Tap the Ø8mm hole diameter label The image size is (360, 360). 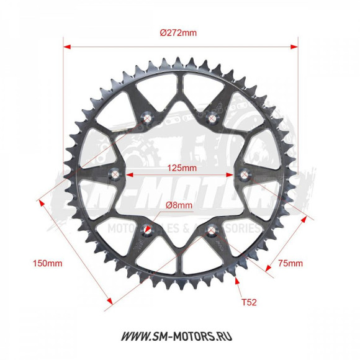coord(179,205)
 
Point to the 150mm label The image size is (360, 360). coord(47,263)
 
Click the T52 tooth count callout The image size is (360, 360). coord(247,303)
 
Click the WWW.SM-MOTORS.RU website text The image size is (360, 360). coord(180,336)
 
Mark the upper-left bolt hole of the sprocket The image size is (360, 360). coord(147,115)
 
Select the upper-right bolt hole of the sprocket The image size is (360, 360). coord(214,115)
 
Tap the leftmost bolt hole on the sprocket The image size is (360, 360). coord(114,173)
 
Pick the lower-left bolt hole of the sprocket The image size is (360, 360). coord(147,230)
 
